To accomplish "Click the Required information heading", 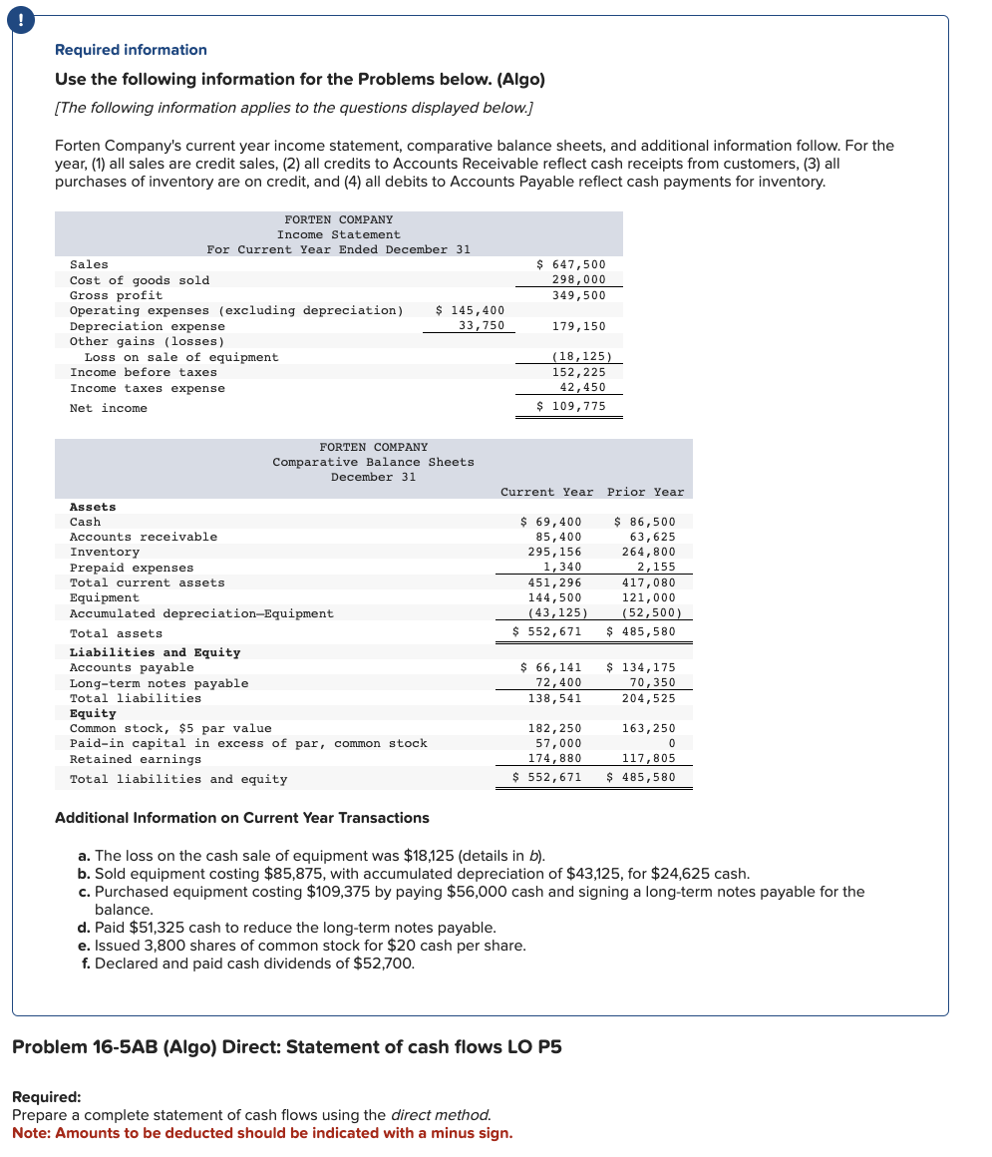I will [x=131, y=50].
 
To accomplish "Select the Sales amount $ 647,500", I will [x=570, y=264].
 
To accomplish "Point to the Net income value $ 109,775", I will [x=570, y=406].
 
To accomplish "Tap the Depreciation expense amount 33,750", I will [x=481, y=326].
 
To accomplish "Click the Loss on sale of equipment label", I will [x=181, y=357].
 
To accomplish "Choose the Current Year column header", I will [x=546, y=492].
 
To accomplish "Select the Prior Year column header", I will [x=645, y=492].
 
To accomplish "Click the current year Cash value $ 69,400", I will [x=551, y=522].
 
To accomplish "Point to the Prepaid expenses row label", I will [x=132, y=568].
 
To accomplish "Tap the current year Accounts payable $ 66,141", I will [x=551, y=667].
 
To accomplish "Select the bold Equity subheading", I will [x=93, y=713].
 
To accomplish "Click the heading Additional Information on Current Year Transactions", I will [x=241, y=818].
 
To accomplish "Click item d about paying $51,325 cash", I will [x=294, y=928].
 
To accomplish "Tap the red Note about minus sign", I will [x=262, y=1133].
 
